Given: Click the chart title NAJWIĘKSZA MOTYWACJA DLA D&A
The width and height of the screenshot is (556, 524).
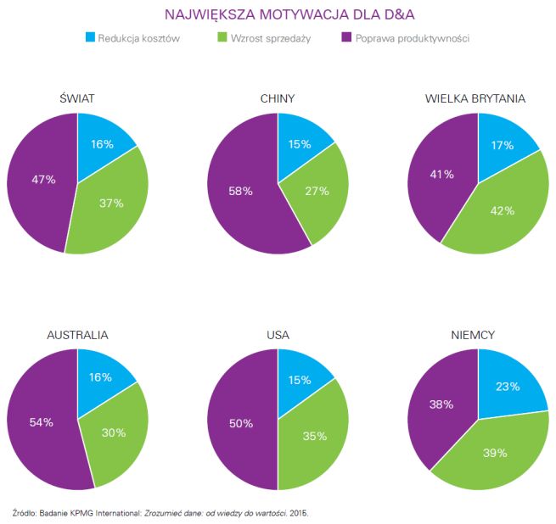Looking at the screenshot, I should click(x=277, y=14).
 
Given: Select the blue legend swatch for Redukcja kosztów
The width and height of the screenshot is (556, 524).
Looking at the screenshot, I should click(x=91, y=38).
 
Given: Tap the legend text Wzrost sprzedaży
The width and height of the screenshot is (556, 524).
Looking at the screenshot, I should click(x=264, y=38).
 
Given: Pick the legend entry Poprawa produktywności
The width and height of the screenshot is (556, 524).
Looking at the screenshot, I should click(x=412, y=38).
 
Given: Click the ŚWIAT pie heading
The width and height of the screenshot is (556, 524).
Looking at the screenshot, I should click(x=77, y=98).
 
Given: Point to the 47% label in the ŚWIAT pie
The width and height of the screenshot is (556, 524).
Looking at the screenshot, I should click(x=44, y=180).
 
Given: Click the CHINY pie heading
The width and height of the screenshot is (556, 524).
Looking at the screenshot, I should click(x=278, y=98).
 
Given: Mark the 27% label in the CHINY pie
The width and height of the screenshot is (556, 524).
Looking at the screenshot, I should click(x=317, y=191).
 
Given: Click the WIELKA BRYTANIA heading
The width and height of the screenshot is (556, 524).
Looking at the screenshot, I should click(x=475, y=98).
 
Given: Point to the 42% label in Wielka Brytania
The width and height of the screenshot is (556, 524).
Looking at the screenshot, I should click(x=503, y=210).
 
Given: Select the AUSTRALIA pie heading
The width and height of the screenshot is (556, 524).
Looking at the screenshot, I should click(x=77, y=335).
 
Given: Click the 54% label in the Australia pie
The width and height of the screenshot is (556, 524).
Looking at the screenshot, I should click(x=42, y=421).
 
